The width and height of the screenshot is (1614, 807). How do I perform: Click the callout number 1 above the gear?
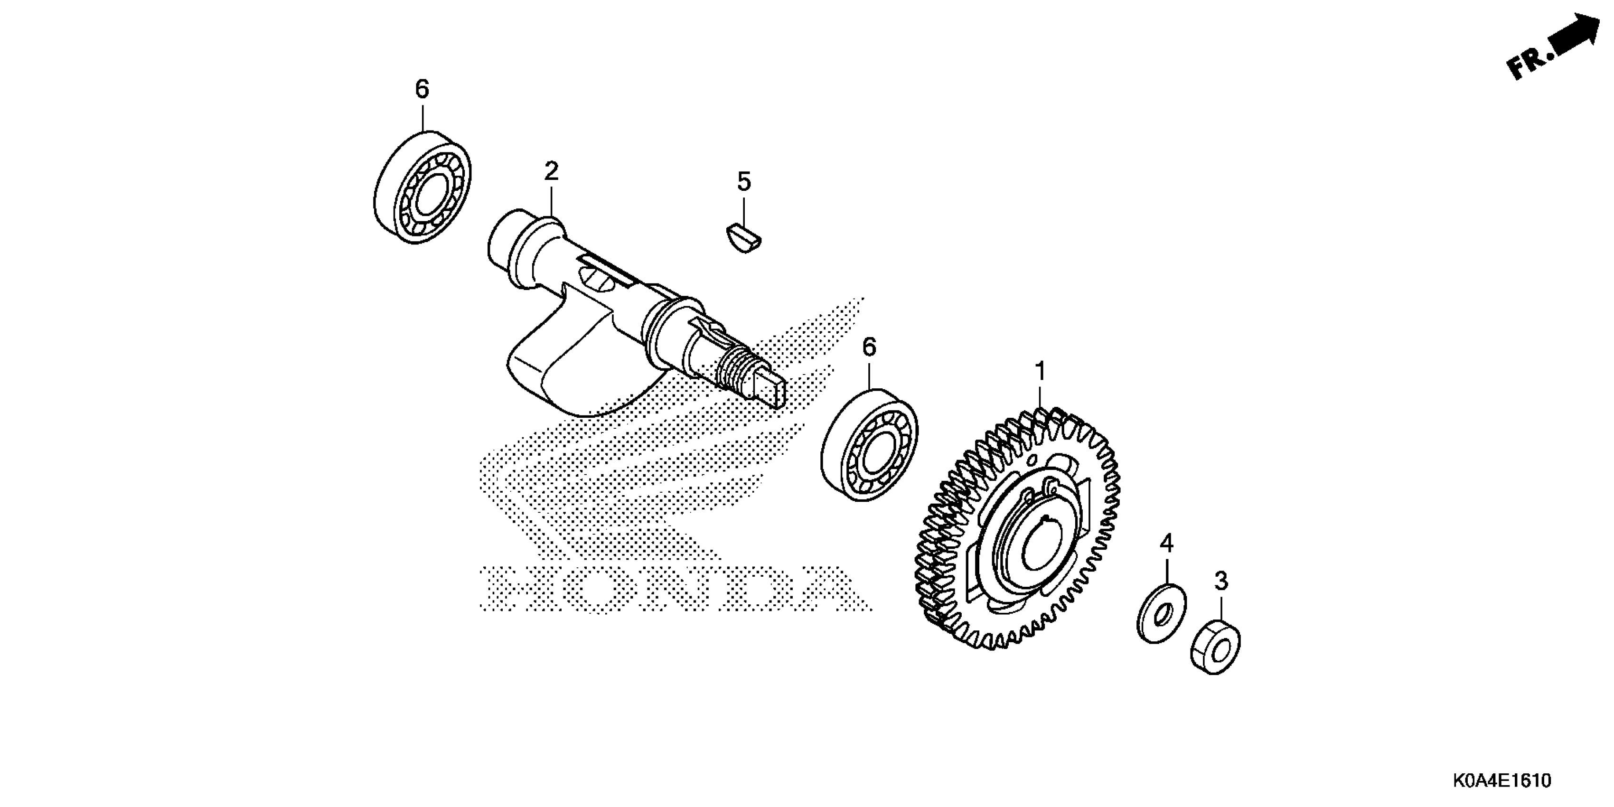[1040, 372]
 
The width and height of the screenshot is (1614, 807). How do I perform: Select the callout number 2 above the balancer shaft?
[551, 171]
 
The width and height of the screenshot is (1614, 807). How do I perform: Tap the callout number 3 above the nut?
[1221, 582]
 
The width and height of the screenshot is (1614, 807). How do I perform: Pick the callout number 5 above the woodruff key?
[743, 182]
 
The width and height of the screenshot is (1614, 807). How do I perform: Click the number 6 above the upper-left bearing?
[422, 90]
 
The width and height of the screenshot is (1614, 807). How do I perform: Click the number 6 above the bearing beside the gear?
[869, 347]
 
